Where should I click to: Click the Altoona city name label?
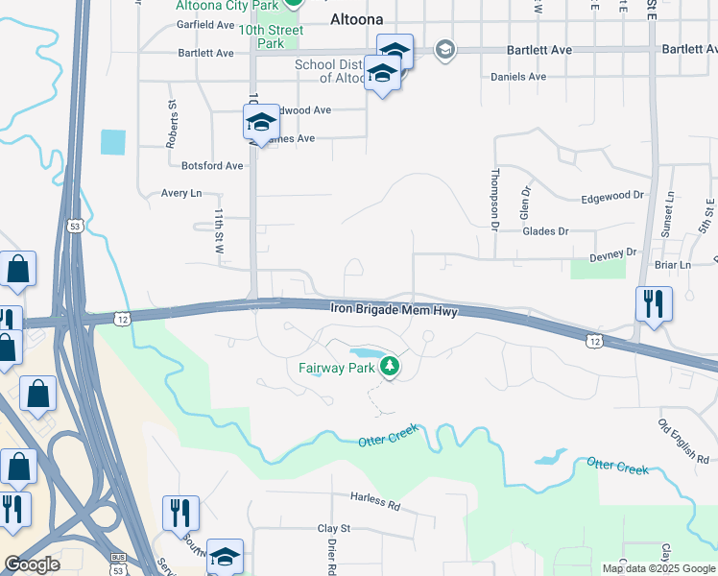pos(356,18)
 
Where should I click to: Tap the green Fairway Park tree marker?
pos(390,365)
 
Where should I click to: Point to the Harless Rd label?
pos(374,501)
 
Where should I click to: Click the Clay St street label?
pos(335,528)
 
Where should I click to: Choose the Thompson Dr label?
pos(495,200)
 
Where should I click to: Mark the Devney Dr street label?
pos(611,252)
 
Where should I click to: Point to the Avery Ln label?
pos(181,193)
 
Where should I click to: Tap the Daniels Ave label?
pos(517,77)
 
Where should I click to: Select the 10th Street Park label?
pos(271,36)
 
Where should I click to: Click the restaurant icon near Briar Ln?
pos(654,304)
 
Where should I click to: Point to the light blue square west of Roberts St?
pos(112,142)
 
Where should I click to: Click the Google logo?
pos(33,564)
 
